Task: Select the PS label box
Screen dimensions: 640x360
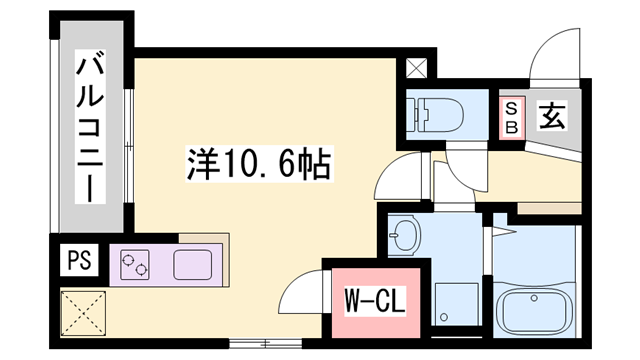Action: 76,261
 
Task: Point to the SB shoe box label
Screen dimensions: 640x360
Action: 511,117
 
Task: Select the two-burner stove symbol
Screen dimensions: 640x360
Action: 135,265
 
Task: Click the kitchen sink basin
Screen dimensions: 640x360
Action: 194,265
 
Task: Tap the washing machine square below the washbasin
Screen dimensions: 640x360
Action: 455,303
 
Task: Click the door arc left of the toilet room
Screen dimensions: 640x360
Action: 396,178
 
